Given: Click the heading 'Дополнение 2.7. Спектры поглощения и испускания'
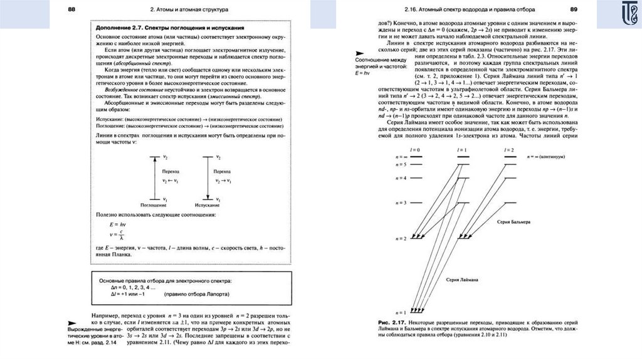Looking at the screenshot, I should tap(169, 29).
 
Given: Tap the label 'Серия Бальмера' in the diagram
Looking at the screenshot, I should tap(513, 223).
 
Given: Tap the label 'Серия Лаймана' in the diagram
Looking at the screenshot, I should tap(462, 278).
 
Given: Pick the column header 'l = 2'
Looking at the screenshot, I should tap(508, 150).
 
